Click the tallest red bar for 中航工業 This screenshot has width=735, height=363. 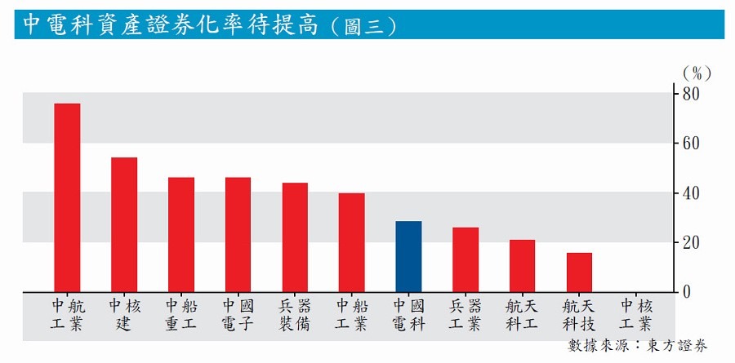67,197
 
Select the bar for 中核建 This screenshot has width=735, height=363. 124,224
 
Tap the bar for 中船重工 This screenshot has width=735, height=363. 181,234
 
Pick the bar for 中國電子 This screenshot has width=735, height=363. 238,234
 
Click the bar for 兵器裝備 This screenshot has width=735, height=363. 295,237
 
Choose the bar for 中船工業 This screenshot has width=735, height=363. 352,242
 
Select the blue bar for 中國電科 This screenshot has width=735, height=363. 408,256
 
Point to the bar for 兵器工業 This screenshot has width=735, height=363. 465,259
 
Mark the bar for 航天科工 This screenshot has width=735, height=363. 523,265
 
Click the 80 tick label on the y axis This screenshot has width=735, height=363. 692,94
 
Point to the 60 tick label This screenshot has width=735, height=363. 692,144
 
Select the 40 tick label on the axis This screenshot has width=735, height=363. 692,193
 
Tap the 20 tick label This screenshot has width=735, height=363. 692,242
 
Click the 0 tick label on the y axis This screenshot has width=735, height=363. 688,291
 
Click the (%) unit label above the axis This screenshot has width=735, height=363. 696,73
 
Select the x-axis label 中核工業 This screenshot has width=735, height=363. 635,316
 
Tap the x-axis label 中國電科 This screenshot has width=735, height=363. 408,316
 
